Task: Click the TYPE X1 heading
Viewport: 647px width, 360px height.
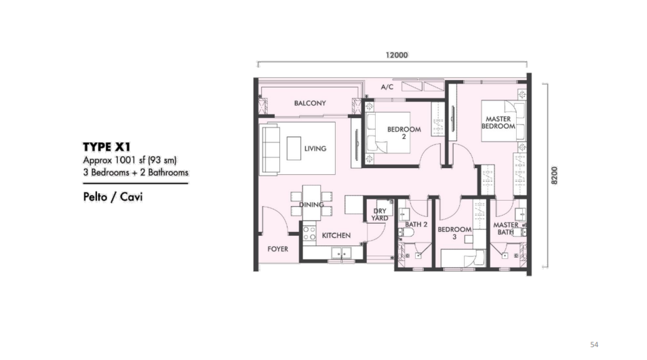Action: point(106,147)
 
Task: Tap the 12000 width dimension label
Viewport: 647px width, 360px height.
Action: point(397,56)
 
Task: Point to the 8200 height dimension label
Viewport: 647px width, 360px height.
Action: point(554,176)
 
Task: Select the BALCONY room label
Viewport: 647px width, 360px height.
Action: point(310,103)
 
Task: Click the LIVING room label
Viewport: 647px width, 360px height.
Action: point(315,148)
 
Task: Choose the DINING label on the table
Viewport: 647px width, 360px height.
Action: point(311,205)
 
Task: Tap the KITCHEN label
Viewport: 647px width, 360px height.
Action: point(336,235)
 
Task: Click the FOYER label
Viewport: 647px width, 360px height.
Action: point(277,249)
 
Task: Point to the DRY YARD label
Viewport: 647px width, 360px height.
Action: point(380,214)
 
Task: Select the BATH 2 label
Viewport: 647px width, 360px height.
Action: point(416,224)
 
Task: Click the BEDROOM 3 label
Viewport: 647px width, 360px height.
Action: point(454,233)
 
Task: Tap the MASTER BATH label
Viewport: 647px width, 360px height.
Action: point(505,228)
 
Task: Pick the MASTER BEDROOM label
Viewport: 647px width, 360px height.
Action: point(498,123)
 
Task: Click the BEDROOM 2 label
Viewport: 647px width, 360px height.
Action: point(404,133)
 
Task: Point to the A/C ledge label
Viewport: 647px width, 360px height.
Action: point(387,87)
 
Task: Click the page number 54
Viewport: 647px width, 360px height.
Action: point(594,344)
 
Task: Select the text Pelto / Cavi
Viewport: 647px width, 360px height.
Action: point(113,197)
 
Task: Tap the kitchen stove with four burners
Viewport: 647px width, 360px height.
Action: point(309,233)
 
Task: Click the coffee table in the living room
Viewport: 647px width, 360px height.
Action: point(294,148)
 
